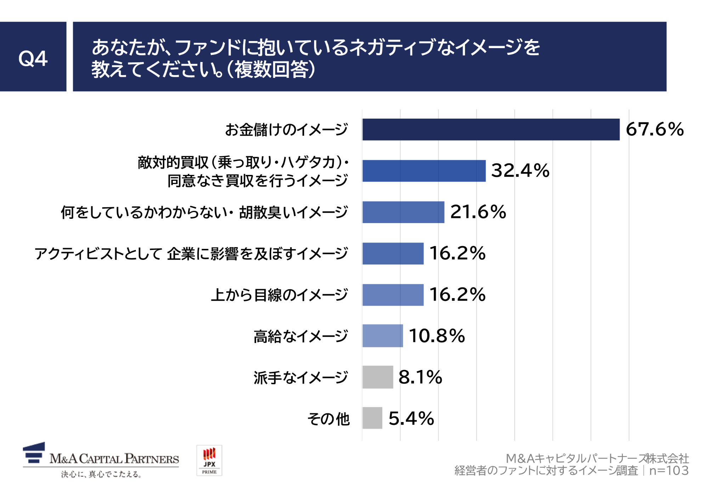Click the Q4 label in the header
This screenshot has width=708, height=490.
(x=33, y=58)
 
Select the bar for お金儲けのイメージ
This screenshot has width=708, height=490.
(x=491, y=130)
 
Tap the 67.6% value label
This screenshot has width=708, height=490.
(x=655, y=129)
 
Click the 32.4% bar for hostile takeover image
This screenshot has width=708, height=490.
(x=424, y=171)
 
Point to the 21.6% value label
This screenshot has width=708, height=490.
(x=478, y=212)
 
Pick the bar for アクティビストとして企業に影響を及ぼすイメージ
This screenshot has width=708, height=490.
(x=393, y=253)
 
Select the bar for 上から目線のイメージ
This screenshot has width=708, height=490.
(x=393, y=295)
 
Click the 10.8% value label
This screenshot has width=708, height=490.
(x=436, y=336)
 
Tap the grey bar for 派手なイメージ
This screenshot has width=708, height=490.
(x=378, y=377)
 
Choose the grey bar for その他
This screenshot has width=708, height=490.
(x=372, y=418)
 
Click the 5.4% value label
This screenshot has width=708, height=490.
(x=411, y=418)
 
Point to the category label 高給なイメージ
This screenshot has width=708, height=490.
(x=301, y=336)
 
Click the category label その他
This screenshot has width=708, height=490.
(x=328, y=419)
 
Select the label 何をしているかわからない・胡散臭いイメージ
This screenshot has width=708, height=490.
(x=204, y=212)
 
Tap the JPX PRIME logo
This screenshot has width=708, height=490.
(x=209, y=460)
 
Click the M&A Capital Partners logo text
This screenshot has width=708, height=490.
(x=114, y=459)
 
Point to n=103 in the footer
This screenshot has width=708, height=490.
(x=669, y=471)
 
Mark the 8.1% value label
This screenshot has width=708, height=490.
(x=420, y=377)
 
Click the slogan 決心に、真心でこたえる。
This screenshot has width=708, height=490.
(x=101, y=474)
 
